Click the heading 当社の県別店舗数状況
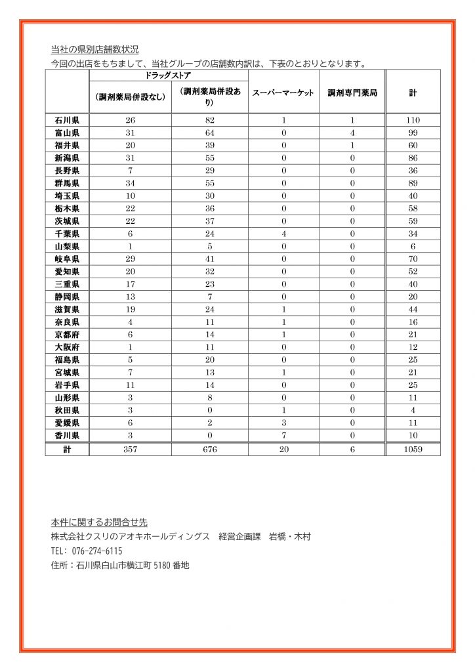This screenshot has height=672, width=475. click(x=94, y=50)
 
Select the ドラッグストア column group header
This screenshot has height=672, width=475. click(x=168, y=76)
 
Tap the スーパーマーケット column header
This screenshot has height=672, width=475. click(x=283, y=94)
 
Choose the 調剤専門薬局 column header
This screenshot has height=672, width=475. click(x=352, y=94)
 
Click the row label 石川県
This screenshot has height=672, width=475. click(x=67, y=121)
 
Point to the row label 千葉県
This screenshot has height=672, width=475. click(x=67, y=234)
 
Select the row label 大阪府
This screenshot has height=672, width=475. click(x=67, y=347)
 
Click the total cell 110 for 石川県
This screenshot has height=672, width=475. click(x=413, y=121)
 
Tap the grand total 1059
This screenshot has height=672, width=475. click(x=413, y=450)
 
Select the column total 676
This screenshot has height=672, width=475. click(x=209, y=450)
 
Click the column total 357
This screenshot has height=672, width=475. click(x=130, y=450)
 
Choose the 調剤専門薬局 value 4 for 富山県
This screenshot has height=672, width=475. click(x=352, y=133)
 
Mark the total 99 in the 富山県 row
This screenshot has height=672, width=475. click(x=413, y=133)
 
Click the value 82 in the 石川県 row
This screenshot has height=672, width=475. click(x=209, y=121)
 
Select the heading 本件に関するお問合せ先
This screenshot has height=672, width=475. click(x=99, y=523)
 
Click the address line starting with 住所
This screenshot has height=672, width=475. click(x=120, y=565)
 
